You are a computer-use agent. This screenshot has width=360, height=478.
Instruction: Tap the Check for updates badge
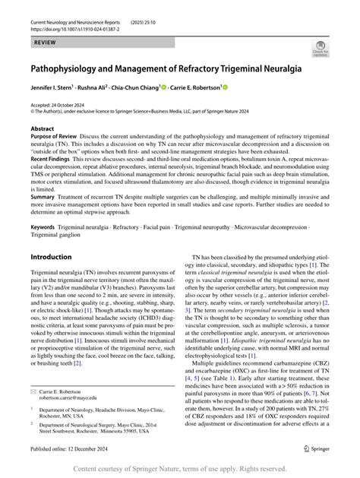pos(321,51)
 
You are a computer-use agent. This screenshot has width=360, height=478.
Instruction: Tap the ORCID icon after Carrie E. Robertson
pos(225,88)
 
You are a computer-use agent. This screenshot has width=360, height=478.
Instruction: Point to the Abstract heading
pos(42,129)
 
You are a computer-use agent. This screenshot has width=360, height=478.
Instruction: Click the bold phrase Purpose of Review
pos(57,137)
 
